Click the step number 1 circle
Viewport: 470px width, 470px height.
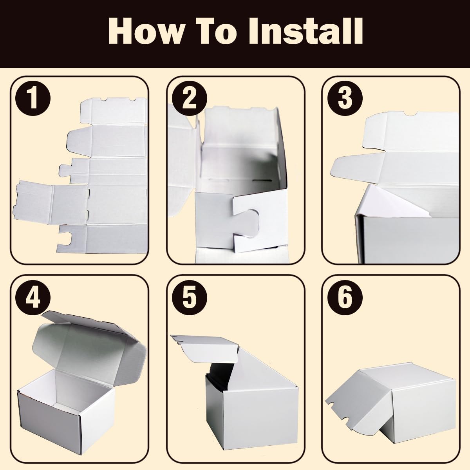click(33, 99)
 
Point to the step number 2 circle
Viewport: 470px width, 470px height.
click(189, 99)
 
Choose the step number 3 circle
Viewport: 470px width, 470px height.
click(345, 99)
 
